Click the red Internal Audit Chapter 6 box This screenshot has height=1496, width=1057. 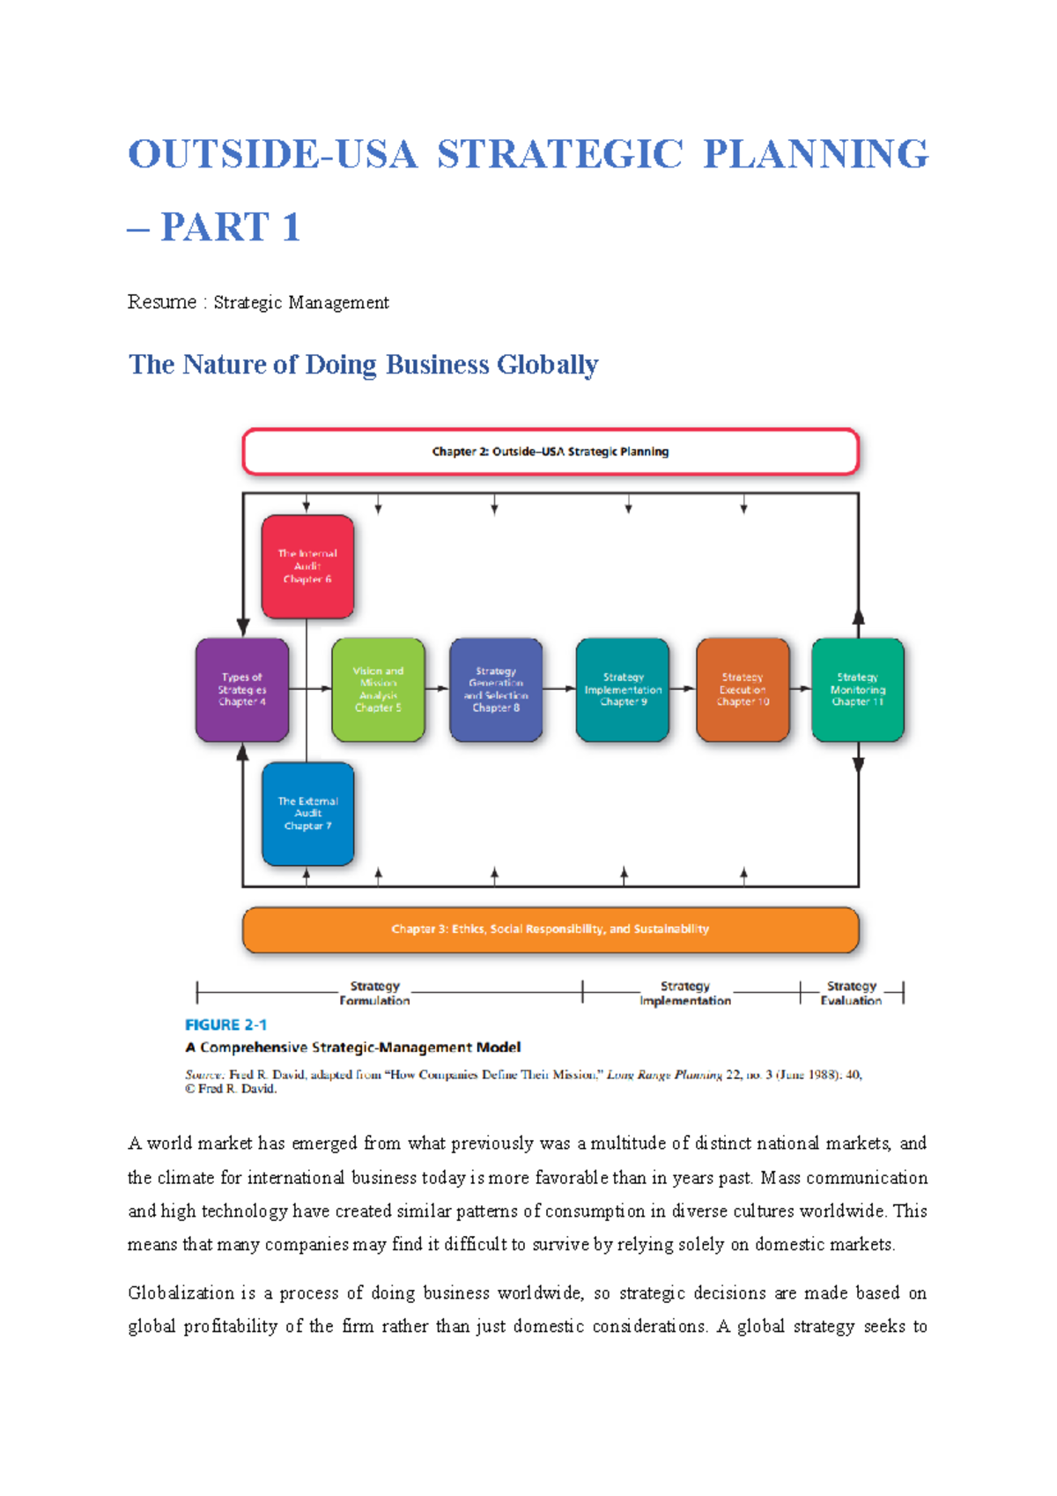click(x=307, y=567)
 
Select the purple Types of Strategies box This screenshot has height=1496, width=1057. click(x=242, y=690)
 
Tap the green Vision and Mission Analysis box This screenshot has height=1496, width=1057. click(x=378, y=690)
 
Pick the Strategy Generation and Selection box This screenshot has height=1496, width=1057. click(x=496, y=690)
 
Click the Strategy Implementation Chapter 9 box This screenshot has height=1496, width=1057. click(x=623, y=690)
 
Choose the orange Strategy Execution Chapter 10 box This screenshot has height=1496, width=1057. click(x=743, y=690)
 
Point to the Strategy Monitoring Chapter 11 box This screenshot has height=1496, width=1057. click(x=857, y=690)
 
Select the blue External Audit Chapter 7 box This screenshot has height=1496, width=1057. click(x=307, y=813)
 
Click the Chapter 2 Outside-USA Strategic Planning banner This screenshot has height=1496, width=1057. click(x=551, y=452)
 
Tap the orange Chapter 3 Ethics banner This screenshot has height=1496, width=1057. click(x=551, y=929)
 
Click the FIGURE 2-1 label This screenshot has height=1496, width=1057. click(x=225, y=1025)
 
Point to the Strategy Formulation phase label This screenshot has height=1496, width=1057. click(x=374, y=993)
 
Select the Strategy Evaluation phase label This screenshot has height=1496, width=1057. click(x=851, y=993)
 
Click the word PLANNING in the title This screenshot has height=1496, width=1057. click(x=816, y=154)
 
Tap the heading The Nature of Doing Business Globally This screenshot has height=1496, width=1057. click(x=363, y=365)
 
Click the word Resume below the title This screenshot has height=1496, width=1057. click(x=162, y=302)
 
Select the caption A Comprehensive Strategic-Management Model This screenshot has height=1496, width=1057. click(x=353, y=1048)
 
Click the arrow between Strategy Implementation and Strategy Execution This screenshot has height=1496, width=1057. click(x=683, y=689)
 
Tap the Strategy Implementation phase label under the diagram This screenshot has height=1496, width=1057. click(x=685, y=993)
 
